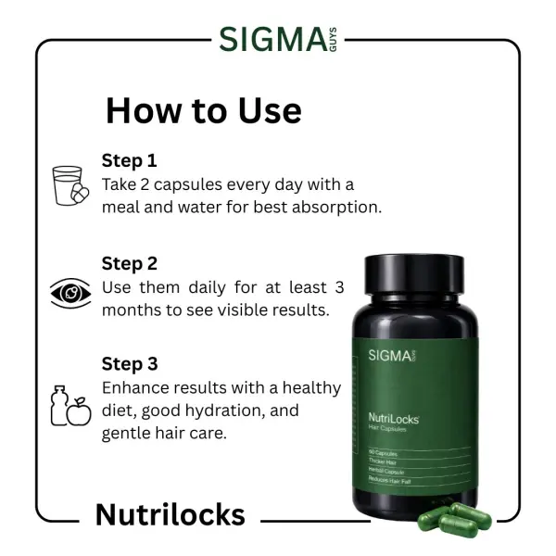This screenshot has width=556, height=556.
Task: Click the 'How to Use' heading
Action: tap(203, 110)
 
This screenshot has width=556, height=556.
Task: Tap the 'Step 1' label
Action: tap(130, 160)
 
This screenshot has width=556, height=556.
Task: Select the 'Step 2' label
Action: tap(130, 263)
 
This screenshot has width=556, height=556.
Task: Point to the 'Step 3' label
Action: tap(130, 364)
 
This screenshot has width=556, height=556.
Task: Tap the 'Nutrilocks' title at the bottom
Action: tap(170, 514)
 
